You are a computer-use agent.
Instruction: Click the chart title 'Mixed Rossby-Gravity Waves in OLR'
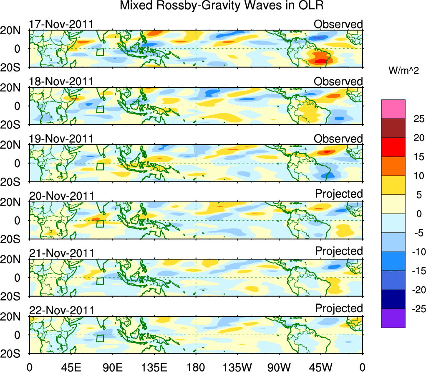click(222, 6)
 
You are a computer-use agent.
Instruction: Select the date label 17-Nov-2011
click(61, 24)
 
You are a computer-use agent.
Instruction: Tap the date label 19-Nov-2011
click(61, 139)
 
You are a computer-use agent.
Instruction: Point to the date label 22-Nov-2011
click(61, 311)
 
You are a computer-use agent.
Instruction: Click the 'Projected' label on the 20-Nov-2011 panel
click(339, 194)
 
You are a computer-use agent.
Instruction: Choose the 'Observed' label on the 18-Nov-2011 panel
click(338, 82)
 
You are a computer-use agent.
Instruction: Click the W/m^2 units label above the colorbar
click(403, 71)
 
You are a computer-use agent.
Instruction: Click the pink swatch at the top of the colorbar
click(393, 109)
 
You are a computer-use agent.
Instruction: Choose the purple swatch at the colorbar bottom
click(393, 318)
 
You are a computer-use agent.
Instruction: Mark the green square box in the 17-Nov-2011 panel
click(100, 52)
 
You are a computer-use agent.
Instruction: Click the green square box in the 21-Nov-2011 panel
click(100, 281)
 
